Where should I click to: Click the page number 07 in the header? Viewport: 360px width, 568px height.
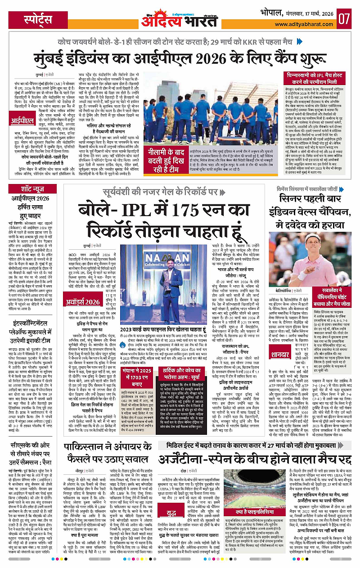345,18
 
